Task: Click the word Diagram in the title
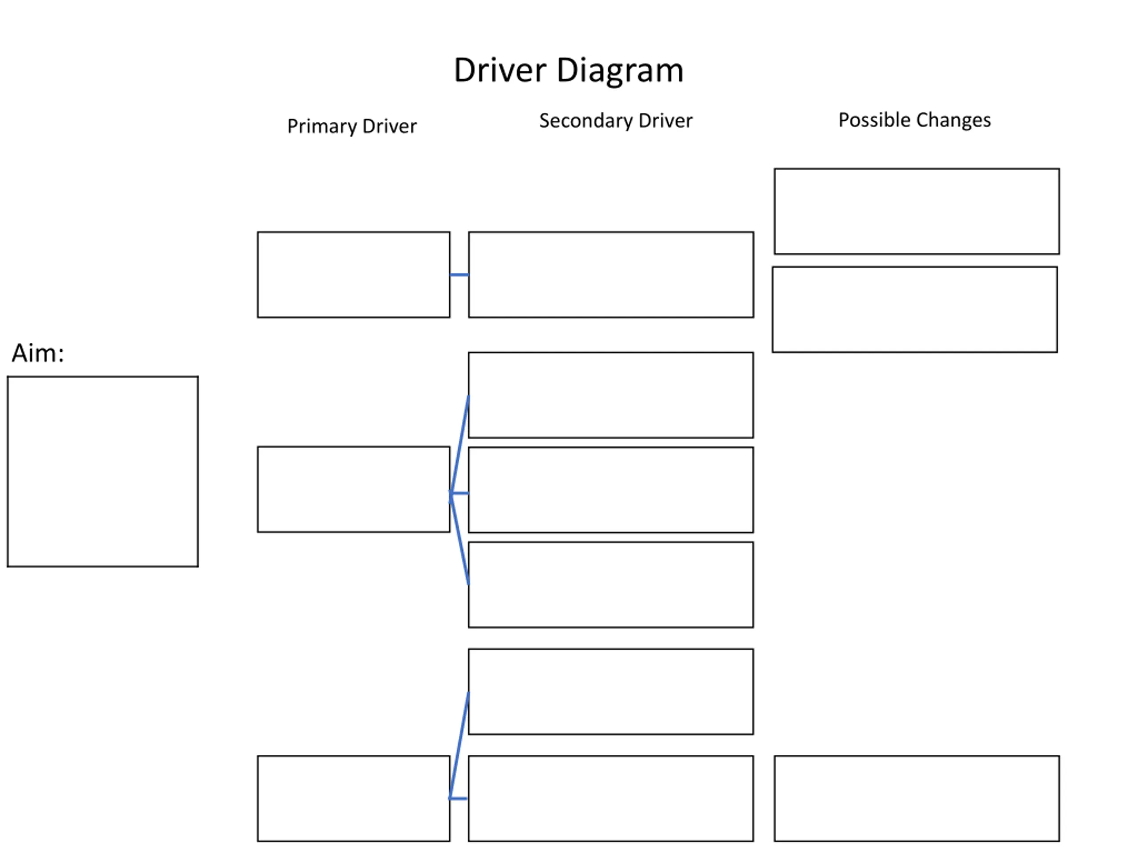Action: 620,71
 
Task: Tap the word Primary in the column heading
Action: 321,127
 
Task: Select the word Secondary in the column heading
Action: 585,121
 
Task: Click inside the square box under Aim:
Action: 103,471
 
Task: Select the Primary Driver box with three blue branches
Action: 354,490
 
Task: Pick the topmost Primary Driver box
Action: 354,275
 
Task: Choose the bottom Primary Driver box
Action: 354,798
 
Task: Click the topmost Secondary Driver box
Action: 611,275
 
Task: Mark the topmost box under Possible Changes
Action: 917,211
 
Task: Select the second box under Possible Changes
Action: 915,310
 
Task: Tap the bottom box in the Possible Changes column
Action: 917,798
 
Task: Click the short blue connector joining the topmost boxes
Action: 459,275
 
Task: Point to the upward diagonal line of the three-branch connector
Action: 459,444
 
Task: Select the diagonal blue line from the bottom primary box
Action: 459,745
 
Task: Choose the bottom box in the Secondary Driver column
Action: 611,798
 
